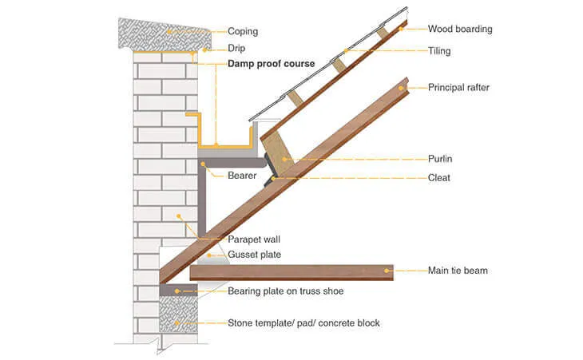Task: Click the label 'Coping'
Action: click(243, 31)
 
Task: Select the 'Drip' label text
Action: click(236, 48)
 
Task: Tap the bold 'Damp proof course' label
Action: click(272, 63)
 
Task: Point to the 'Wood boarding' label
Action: click(460, 30)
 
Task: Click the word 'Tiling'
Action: click(439, 51)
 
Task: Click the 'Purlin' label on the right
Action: click(440, 159)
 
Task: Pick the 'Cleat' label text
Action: click(439, 177)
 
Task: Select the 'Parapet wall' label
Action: click(255, 239)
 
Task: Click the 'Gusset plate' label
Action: click(255, 255)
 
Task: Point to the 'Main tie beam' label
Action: click(458, 271)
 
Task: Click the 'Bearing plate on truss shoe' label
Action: click(286, 291)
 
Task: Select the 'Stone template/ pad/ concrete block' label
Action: click(303, 322)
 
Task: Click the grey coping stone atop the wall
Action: click(164, 34)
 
